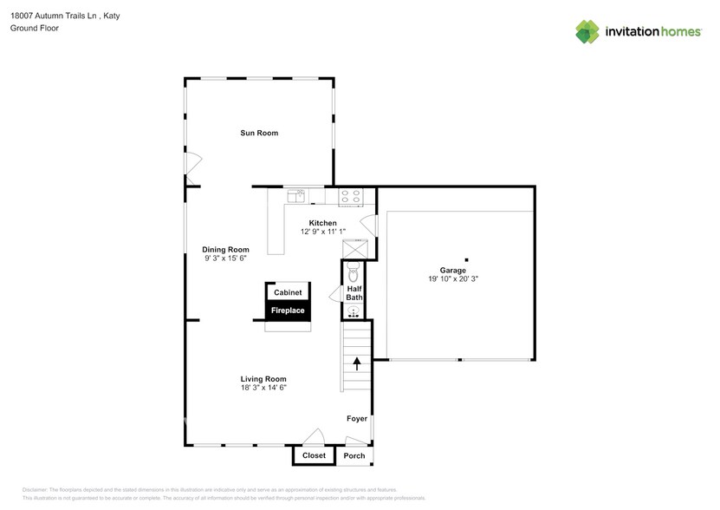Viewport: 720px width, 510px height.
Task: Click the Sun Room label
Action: (x=259, y=133)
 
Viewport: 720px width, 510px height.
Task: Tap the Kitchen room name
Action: (x=322, y=223)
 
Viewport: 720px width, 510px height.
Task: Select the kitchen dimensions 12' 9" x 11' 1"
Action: (x=322, y=232)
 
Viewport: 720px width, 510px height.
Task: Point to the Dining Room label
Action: (x=226, y=250)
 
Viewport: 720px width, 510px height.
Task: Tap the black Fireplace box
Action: (x=288, y=311)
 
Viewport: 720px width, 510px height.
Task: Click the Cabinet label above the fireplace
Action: (x=288, y=293)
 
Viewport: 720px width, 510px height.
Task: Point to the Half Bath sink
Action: (x=354, y=308)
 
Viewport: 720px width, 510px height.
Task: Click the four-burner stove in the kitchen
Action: (x=350, y=197)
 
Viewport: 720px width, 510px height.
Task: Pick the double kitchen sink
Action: (x=296, y=196)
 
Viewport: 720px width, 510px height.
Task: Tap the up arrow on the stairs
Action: (x=356, y=363)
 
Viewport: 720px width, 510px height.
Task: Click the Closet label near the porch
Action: (x=314, y=455)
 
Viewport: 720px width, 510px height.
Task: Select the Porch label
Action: (x=354, y=455)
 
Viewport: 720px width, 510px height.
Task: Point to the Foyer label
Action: (x=356, y=419)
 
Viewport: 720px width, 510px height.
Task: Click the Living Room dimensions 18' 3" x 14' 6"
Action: (x=263, y=388)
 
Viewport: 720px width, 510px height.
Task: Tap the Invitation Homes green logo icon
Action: (x=587, y=32)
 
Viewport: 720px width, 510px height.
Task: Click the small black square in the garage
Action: (x=465, y=258)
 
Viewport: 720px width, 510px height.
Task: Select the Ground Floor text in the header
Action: (x=34, y=29)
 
